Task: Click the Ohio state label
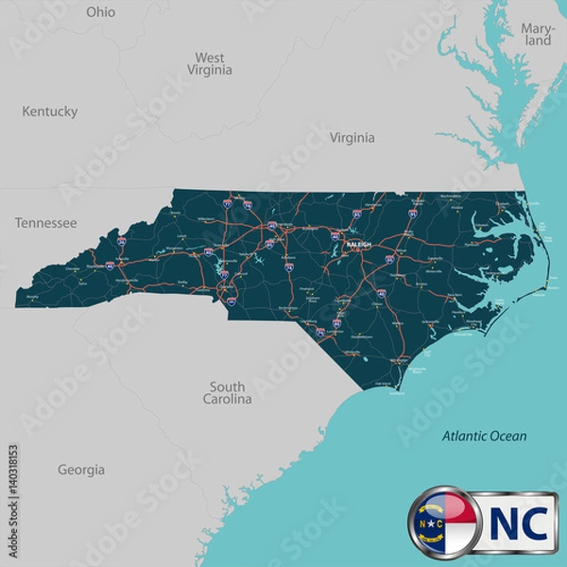point(100,12)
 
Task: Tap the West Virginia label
point(210,64)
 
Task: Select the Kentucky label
point(49,112)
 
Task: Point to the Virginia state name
point(352,138)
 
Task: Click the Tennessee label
point(45,223)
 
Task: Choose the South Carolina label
point(228,393)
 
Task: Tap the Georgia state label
point(81,470)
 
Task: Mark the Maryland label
point(537,35)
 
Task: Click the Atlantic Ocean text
point(485,437)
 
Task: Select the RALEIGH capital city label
point(359,244)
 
